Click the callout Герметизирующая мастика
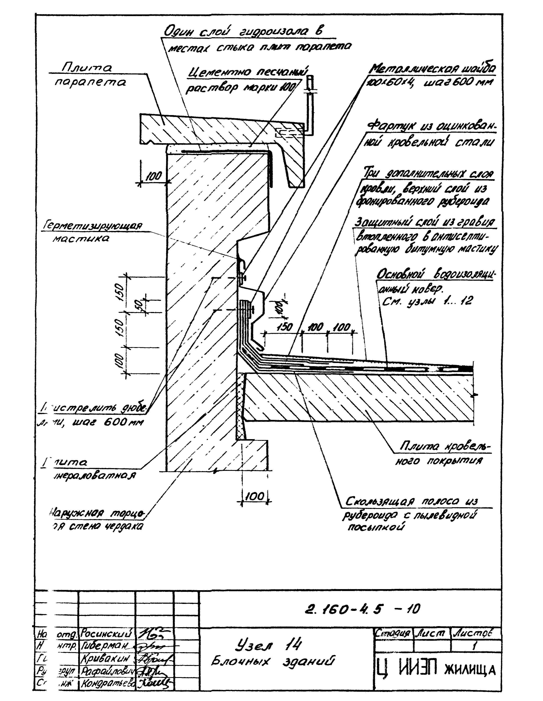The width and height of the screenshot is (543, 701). click(91, 232)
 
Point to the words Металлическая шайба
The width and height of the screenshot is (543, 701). click(432, 69)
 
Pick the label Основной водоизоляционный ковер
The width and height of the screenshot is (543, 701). click(435, 275)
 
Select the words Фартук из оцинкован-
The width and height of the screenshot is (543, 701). click(431, 127)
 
